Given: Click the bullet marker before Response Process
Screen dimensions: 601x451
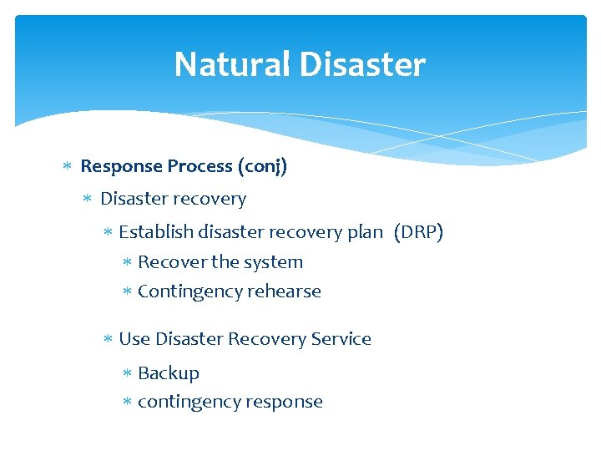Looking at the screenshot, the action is pos(68,167).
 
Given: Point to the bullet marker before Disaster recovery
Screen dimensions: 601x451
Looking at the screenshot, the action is pos(88,200).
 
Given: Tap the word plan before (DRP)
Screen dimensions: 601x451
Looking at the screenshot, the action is pos(364,232).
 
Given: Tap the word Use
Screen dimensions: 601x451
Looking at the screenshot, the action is pos(134,339).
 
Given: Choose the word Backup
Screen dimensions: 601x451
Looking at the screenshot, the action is pos(169,373).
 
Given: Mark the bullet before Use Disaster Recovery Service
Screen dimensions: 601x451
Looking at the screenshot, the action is pos(107,339).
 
